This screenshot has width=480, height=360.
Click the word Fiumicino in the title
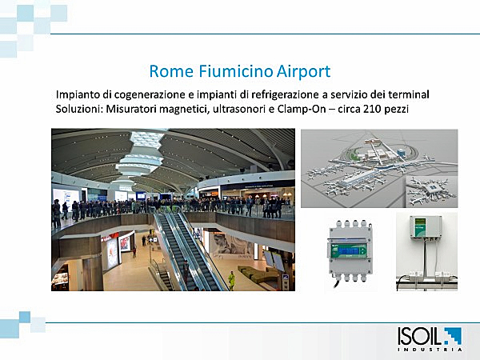click(x=235, y=71)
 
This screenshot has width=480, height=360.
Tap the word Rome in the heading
click(x=171, y=71)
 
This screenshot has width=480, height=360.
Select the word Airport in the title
click(x=303, y=72)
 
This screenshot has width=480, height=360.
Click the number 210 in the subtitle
click(x=371, y=109)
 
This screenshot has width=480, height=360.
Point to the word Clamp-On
click(x=302, y=109)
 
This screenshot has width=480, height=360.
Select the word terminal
click(x=408, y=94)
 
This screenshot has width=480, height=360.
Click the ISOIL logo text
click(x=420, y=336)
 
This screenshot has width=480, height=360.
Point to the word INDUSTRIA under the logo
click(x=430, y=350)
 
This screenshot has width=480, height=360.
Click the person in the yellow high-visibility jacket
click(x=231, y=280)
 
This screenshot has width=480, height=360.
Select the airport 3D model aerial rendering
click(x=379, y=168)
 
